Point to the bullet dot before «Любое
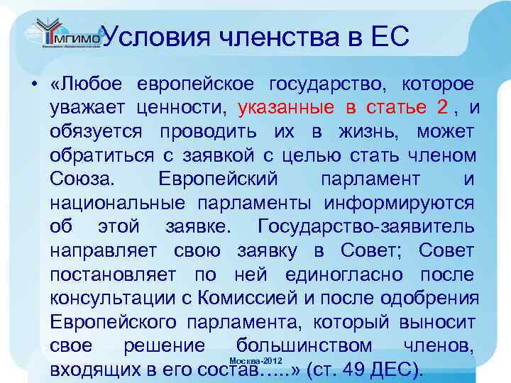point(34,85)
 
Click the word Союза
point(80,179)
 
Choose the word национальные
point(113,202)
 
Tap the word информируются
point(400,202)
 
